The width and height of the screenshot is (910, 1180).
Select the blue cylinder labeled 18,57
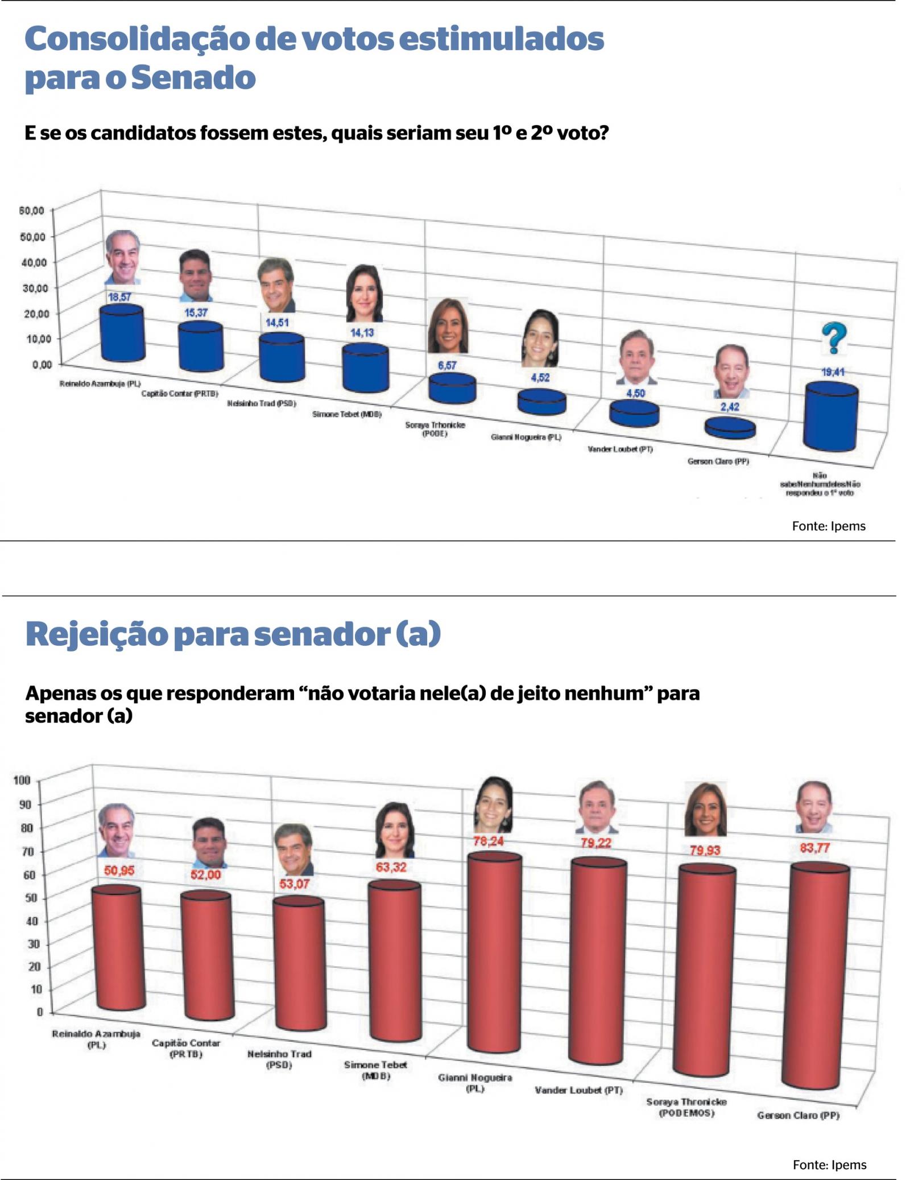122,335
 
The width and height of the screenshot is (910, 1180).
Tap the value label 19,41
833,372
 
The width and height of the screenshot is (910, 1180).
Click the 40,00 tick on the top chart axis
34,262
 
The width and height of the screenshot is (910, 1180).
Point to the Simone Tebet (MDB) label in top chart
346,414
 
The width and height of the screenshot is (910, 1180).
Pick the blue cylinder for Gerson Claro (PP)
730,428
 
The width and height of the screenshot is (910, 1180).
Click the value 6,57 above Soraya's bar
447,365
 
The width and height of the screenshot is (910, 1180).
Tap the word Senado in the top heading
193,78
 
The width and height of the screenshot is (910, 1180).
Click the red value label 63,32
391,867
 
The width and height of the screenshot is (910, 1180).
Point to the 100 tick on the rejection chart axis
22,779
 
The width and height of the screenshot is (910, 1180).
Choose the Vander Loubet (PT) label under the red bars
578,1090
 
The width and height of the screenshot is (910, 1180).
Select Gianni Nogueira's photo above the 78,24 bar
493,804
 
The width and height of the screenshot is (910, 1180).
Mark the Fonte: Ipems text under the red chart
829,1165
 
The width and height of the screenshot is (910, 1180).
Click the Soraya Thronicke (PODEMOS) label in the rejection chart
686,1107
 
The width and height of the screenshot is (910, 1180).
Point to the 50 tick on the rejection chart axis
30,898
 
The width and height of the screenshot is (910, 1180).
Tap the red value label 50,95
119,870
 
